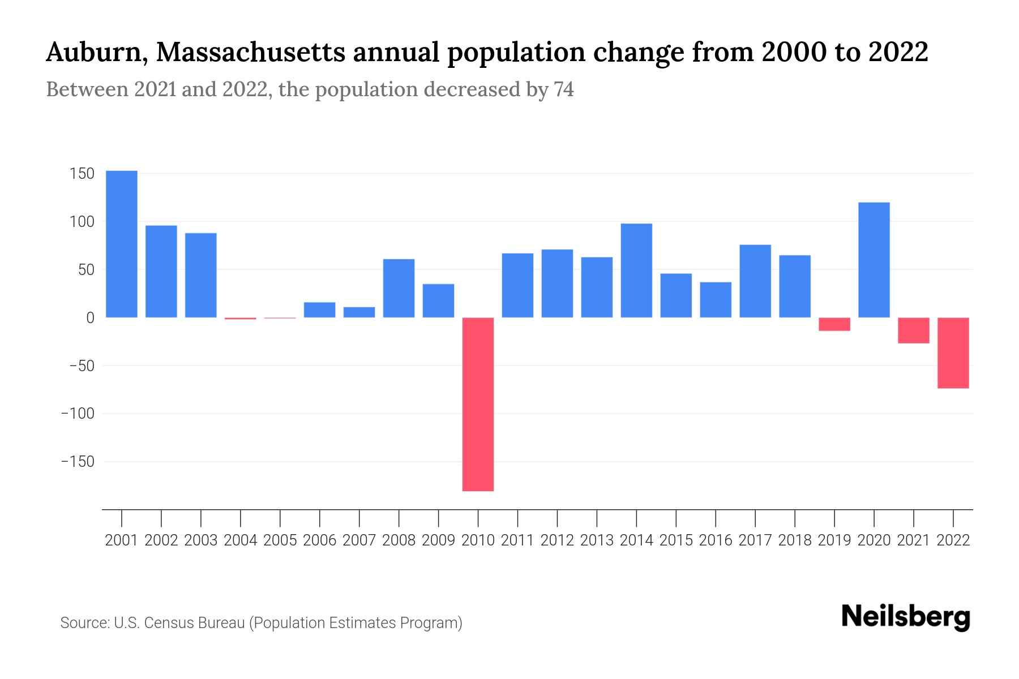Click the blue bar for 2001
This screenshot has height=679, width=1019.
click(122, 244)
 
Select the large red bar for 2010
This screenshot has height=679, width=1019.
click(478, 404)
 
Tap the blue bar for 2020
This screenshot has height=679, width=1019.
click(874, 260)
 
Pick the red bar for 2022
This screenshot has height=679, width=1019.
click(953, 353)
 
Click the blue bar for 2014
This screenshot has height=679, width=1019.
click(636, 270)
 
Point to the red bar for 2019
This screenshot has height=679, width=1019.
click(834, 324)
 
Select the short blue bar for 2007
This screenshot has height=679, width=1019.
click(359, 312)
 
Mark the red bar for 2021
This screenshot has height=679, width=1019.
click(913, 330)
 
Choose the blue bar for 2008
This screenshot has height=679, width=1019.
click(399, 288)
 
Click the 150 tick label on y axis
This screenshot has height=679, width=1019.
click(82, 174)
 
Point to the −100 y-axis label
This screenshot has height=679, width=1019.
click(78, 414)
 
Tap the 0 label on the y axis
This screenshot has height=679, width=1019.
click(89, 318)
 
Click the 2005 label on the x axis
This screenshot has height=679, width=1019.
click(280, 540)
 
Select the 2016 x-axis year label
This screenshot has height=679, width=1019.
click(716, 540)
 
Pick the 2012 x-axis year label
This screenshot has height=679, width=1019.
click(557, 540)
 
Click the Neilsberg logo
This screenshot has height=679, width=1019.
click(906, 618)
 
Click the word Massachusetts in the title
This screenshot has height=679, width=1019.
click(250, 53)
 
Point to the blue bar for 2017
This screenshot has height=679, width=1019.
click(755, 281)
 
